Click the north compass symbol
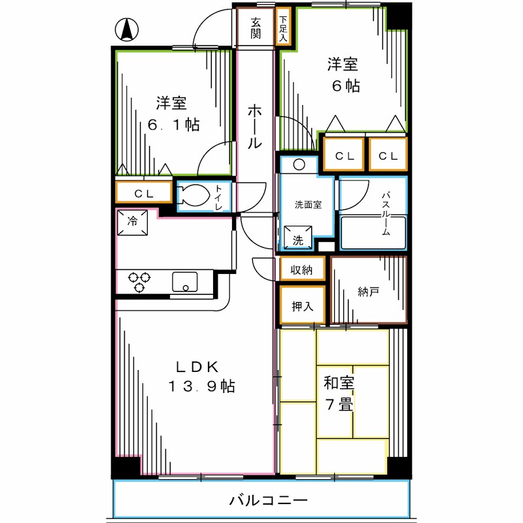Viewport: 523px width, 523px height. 127,30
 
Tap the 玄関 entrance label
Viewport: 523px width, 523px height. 256,27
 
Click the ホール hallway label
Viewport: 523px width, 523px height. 255,127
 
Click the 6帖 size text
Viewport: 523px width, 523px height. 345,86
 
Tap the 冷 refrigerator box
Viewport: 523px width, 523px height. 133,222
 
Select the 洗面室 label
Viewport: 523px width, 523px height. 307,204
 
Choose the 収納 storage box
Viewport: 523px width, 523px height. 302,269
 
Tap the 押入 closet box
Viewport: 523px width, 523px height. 302,306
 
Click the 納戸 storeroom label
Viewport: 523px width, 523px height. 368,292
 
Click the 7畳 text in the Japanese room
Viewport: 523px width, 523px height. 339,405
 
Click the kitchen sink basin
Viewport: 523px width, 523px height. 186,282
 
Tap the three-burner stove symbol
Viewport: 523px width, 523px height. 139,282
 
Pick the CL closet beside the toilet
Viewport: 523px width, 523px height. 144,193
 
